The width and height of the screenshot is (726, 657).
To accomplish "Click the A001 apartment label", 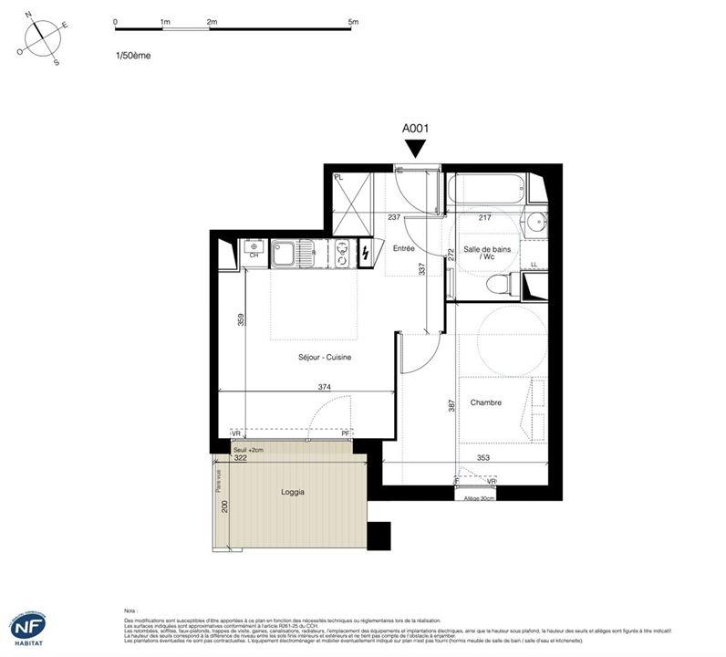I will [x=416, y=130].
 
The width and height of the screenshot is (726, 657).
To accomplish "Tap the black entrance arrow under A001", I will [x=416, y=149].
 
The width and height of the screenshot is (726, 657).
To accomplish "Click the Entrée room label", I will [x=404, y=248].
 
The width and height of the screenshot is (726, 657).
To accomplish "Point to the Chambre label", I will [x=485, y=402].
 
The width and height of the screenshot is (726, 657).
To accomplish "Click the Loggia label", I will [x=293, y=492].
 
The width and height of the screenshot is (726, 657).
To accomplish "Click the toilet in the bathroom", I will [x=500, y=285].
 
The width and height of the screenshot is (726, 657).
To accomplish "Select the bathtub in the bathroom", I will [x=486, y=190].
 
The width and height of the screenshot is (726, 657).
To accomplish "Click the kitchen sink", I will [x=285, y=252].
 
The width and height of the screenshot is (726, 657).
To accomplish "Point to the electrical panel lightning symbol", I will [x=366, y=252].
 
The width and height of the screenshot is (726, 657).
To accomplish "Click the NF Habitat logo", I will [x=28, y=628].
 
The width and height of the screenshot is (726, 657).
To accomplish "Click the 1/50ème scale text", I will [x=133, y=56].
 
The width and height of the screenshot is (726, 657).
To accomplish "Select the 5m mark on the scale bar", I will [x=353, y=20].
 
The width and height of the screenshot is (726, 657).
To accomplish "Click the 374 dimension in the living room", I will [x=324, y=387].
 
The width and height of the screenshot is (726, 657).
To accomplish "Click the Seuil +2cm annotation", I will [x=247, y=450].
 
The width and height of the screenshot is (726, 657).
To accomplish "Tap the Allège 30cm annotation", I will [x=480, y=498].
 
